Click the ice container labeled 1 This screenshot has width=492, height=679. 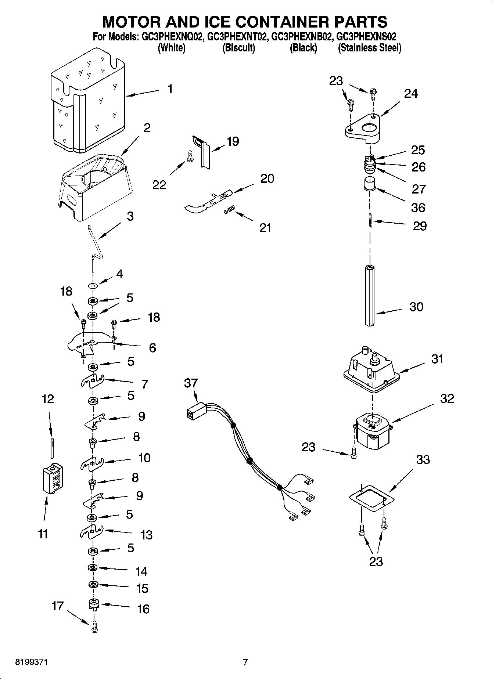point(88,103)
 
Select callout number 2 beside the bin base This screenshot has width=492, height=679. point(147,128)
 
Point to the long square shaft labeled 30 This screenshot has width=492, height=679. point(370,294)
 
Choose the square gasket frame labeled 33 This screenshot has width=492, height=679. point(371,497)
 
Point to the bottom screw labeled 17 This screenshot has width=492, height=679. point(94,628)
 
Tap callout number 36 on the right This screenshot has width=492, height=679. point(418,208)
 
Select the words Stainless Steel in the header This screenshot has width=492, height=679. point(370,48)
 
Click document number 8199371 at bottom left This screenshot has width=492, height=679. point(31,662)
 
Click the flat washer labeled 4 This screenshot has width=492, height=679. point(93,285)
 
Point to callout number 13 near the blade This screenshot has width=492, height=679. point(146,535)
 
